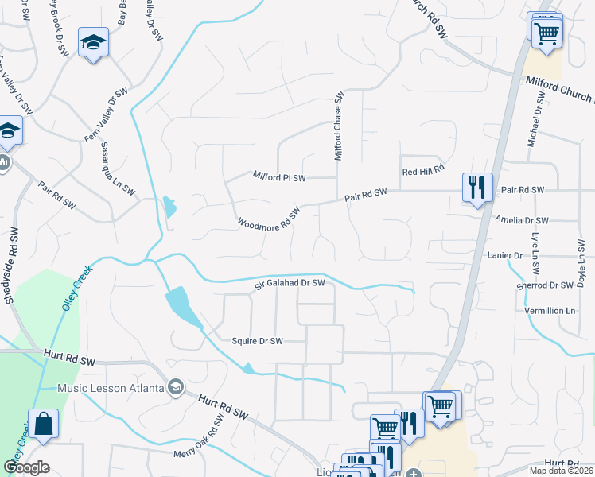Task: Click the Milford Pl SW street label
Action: [279, 176]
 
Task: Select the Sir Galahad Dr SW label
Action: [290, 283]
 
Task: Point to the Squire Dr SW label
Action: [257, 341]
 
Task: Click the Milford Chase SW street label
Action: [339, 126]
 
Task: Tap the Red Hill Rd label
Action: [422, 172]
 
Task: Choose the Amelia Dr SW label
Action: [522, 220]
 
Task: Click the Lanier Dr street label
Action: [504, 256]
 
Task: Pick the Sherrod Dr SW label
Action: [545, 285]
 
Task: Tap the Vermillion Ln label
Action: [549, 310]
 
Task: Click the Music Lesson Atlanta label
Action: [111, 388]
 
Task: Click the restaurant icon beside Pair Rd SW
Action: [477, 188]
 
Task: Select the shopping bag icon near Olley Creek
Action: [43, 425]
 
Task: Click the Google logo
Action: [26, 467]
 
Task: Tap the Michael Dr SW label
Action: [535, 120]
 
